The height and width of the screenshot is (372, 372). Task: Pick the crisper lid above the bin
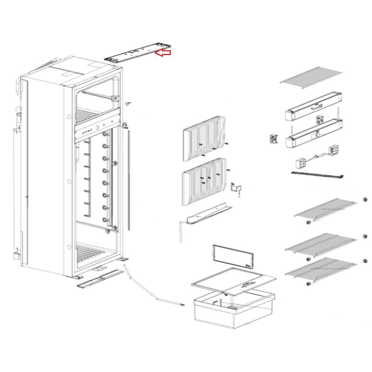click(234, 281)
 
